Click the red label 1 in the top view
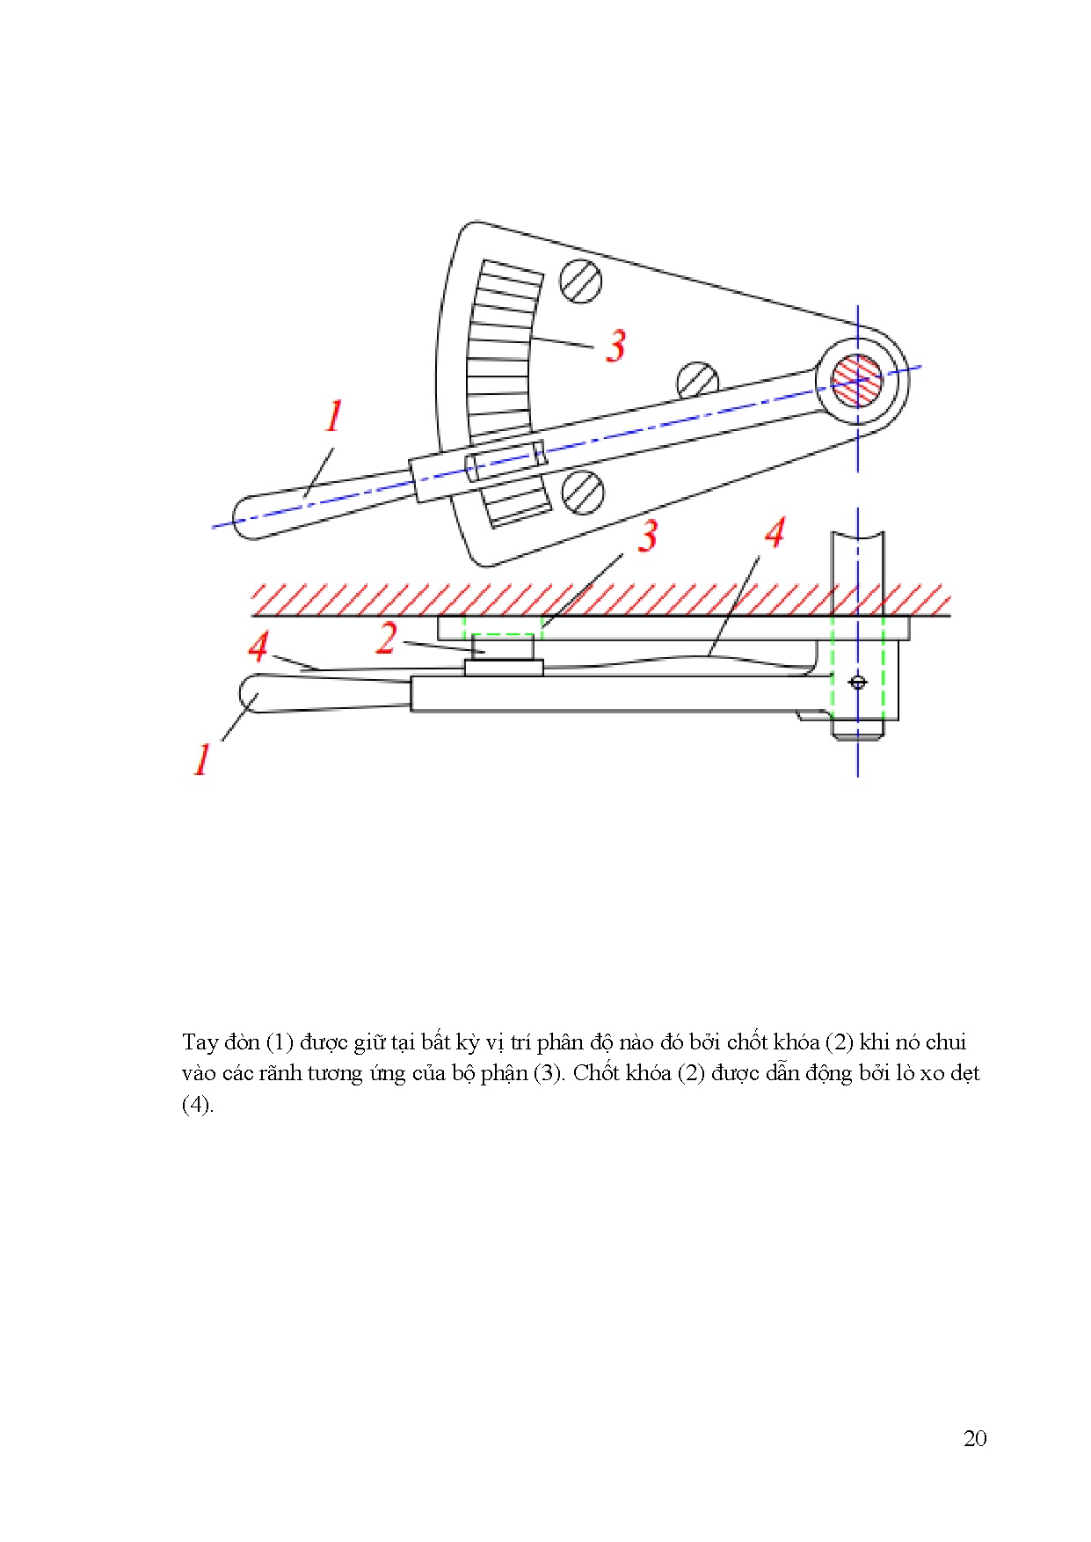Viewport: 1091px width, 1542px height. click(x=334, y=416)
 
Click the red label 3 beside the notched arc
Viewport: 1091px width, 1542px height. click(x=616, y=346)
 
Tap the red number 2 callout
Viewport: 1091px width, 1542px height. click(x=386, y=638)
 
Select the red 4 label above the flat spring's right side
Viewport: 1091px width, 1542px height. click(x=774, y=533)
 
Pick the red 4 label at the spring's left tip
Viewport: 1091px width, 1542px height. click(x=258, y=647)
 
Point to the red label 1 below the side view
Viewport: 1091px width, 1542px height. click(x=202, y=759)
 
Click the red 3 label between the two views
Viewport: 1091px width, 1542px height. click(x=648, y=536)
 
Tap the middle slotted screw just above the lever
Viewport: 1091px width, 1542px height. click(x=698, y=380)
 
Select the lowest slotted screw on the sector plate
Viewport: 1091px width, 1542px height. click(x=582, y=491)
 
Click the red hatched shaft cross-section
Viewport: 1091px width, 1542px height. click(x=857, y=380)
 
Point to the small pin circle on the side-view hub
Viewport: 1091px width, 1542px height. click(x=858, y=682)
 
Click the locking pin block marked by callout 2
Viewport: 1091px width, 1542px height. click(x=504, y=647)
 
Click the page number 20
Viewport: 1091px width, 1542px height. click(x=975, y=1438)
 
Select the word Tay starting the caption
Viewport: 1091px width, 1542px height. click(x=200, y=1042)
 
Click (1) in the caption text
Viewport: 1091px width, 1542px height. click(x=279, y=1042)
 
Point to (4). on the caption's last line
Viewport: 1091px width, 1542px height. click(x=197, y=1104)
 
